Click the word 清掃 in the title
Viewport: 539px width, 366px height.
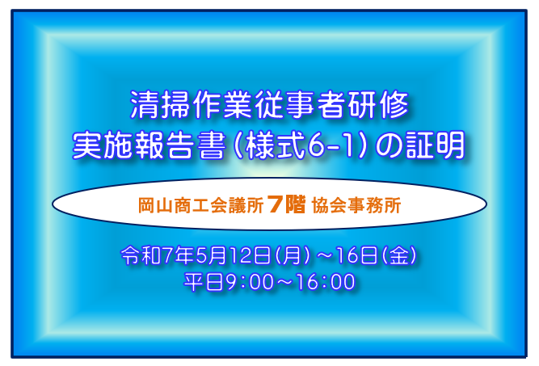click(161, 104)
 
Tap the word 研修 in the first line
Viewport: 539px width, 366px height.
click(378, 104)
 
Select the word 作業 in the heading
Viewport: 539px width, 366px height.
click(223, 104)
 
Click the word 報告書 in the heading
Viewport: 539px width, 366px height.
click(180, 145)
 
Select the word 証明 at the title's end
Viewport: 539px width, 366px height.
click(436, 145)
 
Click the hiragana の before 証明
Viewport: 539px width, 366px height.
click(389, 145)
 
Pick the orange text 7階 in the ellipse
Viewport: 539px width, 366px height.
click(286, 204)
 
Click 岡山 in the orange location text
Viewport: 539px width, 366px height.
click(156, 205)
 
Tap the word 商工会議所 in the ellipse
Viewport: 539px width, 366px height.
click(219, 205)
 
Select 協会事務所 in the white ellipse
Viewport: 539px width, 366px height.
click(356, 205)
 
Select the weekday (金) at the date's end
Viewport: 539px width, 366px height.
click(398, 256)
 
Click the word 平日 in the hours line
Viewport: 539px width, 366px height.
click(204, 282)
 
